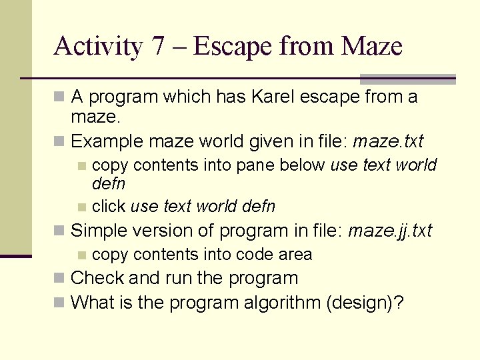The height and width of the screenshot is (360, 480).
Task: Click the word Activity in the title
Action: point(97,47)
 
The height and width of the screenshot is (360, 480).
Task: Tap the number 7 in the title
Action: point(157,47)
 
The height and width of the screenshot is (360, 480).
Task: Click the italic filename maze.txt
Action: point(388,141)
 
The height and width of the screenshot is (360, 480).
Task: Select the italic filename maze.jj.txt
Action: point(390,231)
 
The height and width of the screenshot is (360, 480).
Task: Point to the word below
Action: point(303,165)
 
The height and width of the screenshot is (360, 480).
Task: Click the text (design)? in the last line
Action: point(365,302)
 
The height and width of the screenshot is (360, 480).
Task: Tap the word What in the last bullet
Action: point(93,302)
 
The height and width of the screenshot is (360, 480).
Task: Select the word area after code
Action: point(291,254)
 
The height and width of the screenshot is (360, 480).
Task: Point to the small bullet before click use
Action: point(81,207)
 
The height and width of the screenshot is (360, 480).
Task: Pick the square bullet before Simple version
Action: point(60,231)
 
